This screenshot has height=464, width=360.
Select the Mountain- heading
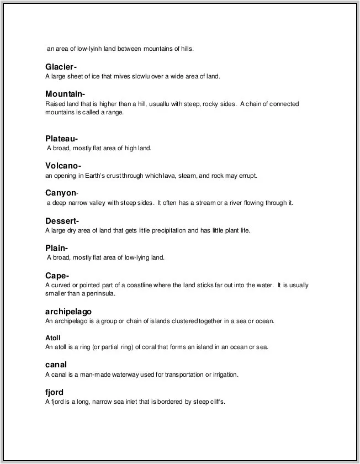[x=65, y=94]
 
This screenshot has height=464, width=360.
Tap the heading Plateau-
[x=61, y=139]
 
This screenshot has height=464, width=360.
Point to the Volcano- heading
[x=63, y=166]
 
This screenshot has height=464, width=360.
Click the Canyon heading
[x=61, y=193]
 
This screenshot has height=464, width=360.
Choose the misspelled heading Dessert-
[x=62, y=221]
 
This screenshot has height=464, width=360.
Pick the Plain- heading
[x=57, y=248]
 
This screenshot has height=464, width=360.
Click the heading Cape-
[x=57, y=276]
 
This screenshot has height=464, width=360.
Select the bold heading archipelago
[x=68, y=312]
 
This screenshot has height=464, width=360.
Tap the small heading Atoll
[x=53, y=338]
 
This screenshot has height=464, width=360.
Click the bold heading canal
[x=56, y=365]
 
